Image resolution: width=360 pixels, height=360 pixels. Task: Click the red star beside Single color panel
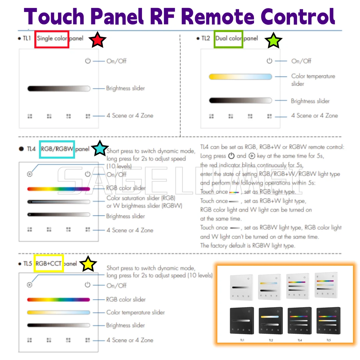[x=98, y=40]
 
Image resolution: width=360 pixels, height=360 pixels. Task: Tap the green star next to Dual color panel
[x=273, y=40]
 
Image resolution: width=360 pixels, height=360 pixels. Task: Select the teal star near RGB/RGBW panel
[x=100, y=149]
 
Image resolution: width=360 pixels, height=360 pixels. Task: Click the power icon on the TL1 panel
[x=88, y=61]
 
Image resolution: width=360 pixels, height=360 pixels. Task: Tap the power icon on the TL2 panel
[x=269, y=61]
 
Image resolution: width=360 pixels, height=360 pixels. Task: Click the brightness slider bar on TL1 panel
[x=59, y=89]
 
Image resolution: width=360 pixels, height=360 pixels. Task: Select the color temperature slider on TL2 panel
[x=240, y=77]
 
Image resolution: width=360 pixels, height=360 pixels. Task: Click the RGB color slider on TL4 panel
[x=59, y=189]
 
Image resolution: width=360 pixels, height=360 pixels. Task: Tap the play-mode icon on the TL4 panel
[x=30, y=174]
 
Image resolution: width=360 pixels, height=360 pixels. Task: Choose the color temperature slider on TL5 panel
[x=59, y=313]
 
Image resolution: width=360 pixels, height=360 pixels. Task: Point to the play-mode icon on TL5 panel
[x=30, y=285]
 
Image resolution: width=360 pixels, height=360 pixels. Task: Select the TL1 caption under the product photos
[x=242, y=340]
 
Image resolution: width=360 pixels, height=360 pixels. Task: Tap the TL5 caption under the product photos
[x=329, y=340]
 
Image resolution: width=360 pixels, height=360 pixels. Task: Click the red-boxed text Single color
[x=52, y=38]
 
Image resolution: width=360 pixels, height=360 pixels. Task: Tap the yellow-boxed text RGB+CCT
[x=49, y=264]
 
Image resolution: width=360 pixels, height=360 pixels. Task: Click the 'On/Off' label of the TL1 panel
[x=116, y=61]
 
